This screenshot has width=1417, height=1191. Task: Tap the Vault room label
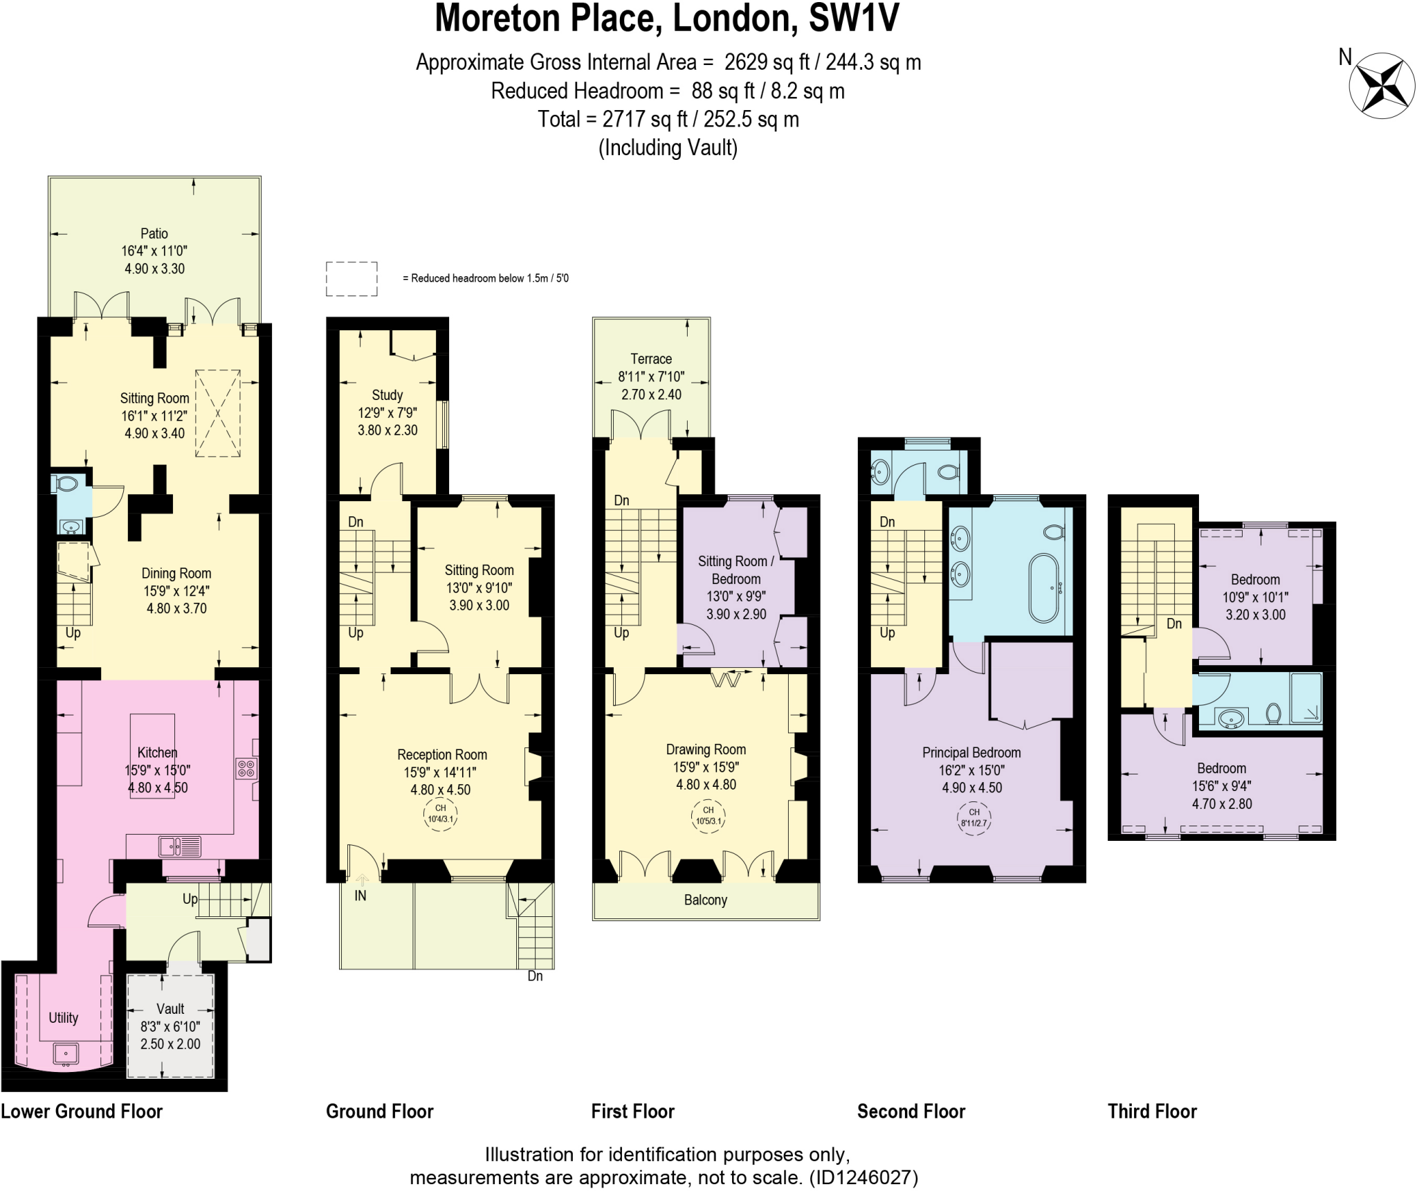click(170, 1008)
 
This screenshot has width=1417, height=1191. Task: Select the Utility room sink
click(66, 1054)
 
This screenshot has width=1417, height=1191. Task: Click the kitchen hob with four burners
click(247, 768)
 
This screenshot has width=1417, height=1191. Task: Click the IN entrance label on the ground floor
click(360, 895)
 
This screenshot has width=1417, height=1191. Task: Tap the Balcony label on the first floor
click(705, 900)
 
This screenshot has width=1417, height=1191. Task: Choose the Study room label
click(387, 395)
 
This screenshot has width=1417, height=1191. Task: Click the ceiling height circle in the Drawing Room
click(708, 815)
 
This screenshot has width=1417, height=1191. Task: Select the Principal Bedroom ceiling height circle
click(973, 817)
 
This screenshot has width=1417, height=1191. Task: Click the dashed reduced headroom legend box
click(351, 279)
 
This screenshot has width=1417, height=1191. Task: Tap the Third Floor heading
click(1152, 1111)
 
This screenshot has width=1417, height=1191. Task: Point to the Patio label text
click(154, 234)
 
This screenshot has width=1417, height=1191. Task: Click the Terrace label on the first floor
click(650, 359)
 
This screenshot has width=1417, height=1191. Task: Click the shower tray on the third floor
click(1306, 699)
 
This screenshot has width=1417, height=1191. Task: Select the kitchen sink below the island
click(179, 846)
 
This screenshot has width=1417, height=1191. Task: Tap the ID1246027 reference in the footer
click(863, 1178)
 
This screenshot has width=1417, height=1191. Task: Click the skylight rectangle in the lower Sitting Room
click(218, 414)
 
